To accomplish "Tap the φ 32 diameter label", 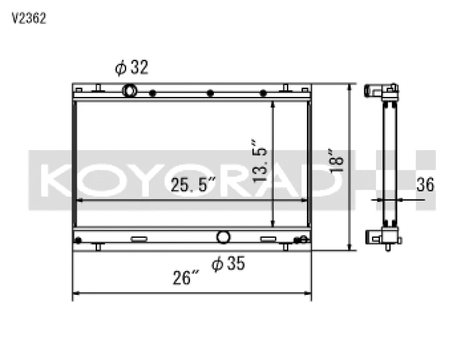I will pyautogui.click(x=132, y=68).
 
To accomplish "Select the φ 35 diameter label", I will pyautogui.click(x=228, y=264).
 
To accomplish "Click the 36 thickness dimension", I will pyautogui.click(x=425, y=185).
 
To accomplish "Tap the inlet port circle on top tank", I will pyautogui.click(x=130, y=91).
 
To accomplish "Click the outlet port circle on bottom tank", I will pyautogui.click(x=223, y=237).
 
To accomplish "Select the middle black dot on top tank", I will pyautogui.click(x=210, y=93).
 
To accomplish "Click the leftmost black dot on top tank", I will pyautogui.click(x=152, y=93).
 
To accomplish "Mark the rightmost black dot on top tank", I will pyautogui.click(x=263, y=93).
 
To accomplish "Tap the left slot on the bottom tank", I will pyautogui.click(x=138, y=239).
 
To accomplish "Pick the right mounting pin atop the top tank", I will pyautogui.click(x=285, y=88).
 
